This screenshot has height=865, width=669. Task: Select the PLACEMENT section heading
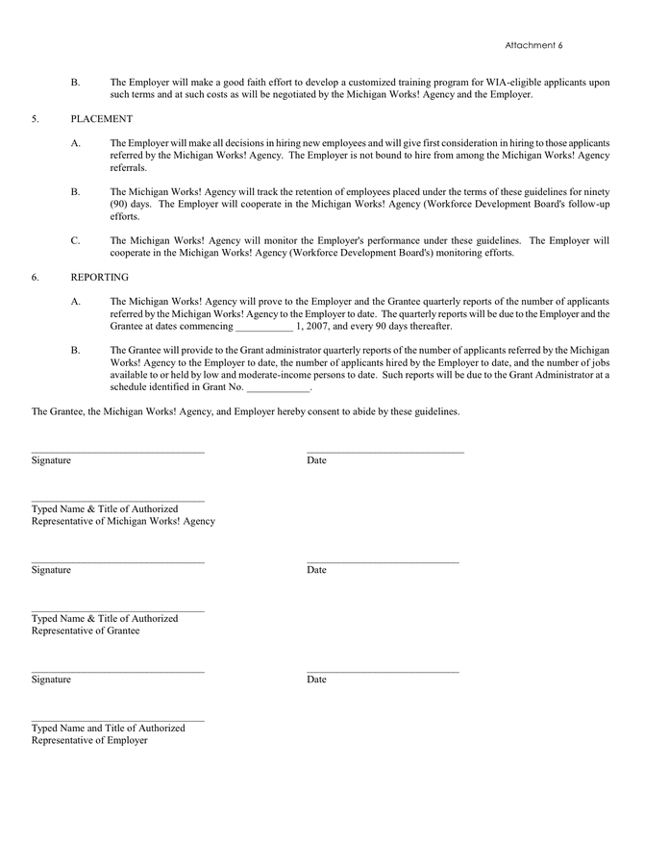click(x=101, y=119)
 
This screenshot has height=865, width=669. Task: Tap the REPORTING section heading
click(x=99, y=277)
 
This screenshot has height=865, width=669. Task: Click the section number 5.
click(x=35, y=119)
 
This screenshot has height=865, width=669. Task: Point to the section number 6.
click(x=35, y=277)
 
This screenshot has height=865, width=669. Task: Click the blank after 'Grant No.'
click(x=279, y=389)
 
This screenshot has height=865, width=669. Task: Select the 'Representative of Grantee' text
click(x=86, y=630)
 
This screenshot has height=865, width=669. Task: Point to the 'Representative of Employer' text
click(x=89, y=740)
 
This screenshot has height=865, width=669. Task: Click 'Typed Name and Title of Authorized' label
click(x=108, y=728)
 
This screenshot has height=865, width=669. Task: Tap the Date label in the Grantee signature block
click(x=316, y=570)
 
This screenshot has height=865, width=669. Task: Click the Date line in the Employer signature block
click(x=383, y=670)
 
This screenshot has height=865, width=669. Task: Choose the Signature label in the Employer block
click(x=51, y=680)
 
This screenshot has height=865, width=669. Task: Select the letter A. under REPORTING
click(x=75, y=302)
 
